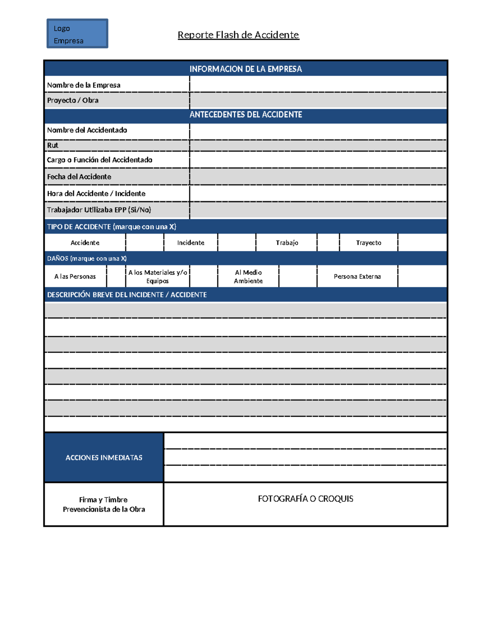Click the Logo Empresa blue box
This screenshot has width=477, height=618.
[77, 34]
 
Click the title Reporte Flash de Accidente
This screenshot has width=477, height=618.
[238, 35]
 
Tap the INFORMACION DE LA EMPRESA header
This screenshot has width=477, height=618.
[246, 69]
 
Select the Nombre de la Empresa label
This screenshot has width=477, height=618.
[84, 85]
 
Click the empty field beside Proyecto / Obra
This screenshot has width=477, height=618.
[318, 100]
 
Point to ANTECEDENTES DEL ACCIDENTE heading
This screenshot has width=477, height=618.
[246, 115]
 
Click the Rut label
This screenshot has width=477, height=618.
[53, 145]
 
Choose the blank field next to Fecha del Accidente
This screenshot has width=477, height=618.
[318, 177]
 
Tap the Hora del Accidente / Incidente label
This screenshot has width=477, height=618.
[96, 193]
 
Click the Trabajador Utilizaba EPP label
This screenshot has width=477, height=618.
[99, 210]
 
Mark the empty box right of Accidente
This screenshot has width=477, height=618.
[145, 243]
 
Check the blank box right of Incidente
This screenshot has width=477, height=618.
[237, 243]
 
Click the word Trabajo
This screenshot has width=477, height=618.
[287, 243]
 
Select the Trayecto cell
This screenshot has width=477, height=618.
[368, 243]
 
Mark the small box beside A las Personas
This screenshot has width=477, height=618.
[116, 277]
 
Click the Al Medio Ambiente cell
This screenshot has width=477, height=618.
[248, 277]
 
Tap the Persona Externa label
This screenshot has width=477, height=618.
[357, 277]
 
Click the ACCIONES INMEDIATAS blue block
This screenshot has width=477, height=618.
[104, 458]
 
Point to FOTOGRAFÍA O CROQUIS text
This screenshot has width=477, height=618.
[305, 499]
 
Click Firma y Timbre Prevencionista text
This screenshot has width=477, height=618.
[104, 505]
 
